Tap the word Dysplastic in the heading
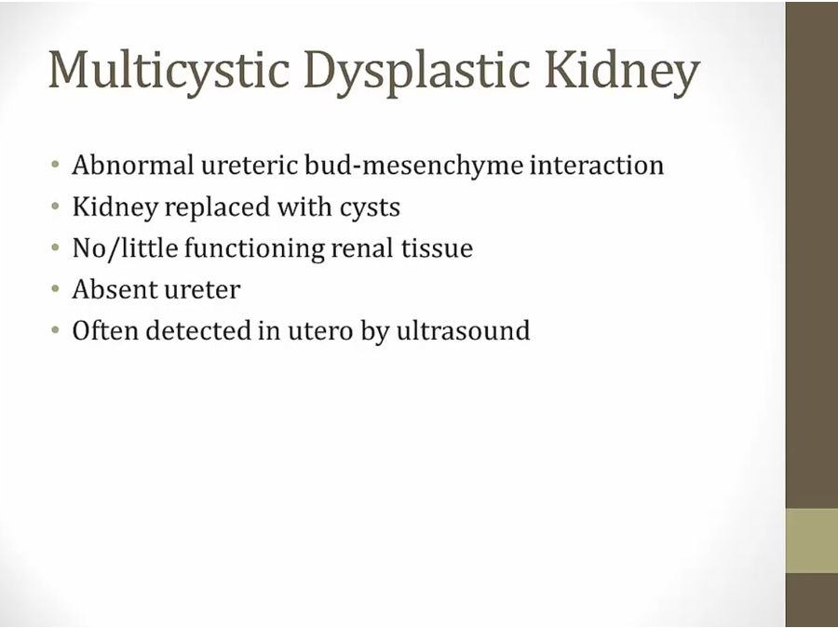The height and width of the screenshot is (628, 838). click(x=417, y=71)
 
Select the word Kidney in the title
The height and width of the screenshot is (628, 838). click(x=622, y=71)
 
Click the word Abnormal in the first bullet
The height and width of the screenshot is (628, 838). click(x=133, y=165)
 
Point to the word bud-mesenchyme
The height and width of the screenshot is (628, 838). click(x=413, y=165)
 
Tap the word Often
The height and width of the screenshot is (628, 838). click(x=105, y=330)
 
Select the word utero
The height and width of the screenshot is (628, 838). click(x=320, y=331)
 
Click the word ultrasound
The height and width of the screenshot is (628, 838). click(x=463, y=330)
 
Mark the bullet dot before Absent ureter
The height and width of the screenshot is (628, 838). click(x=56, y=289)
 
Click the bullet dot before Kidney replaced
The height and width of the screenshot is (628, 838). click(x=56, y=207)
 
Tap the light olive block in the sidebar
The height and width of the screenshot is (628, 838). click(x=811, y=541)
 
